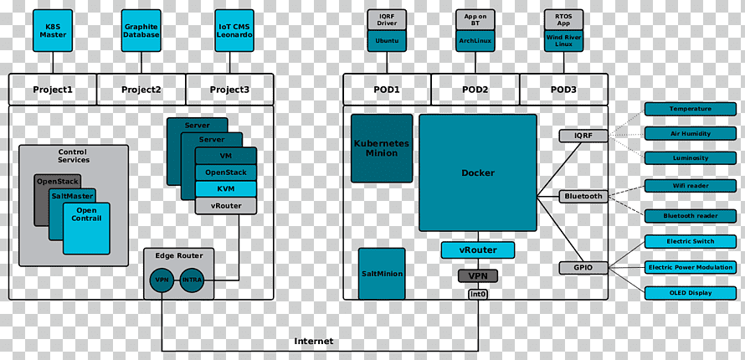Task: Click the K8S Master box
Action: (x=53, y=30)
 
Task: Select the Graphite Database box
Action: (x=141, y=30)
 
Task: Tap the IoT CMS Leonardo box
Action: (x=234, y=30)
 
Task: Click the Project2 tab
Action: (x=141, y=90)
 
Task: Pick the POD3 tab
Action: (x=563, y=90)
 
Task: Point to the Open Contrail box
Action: (x=86, y=229)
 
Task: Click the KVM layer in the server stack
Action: (x=226, y=189)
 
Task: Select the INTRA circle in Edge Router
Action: (x=192, y=280)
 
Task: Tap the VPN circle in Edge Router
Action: (x=162, y=280)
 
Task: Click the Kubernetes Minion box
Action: (x=382, y=148)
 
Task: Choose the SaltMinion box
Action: (x=382, y=274)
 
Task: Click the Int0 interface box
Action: (x=478, y=294)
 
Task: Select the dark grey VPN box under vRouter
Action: (x=478, y=276)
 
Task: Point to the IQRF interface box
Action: (x=583, y=136)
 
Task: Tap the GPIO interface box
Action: (x=583, y=268)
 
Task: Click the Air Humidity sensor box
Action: (x=691, y=133)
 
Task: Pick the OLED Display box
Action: (x=691, y=293)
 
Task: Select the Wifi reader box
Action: (x=691, y=186)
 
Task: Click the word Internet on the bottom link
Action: (x=314, y=342)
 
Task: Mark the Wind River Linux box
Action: (x=564, y=41)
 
